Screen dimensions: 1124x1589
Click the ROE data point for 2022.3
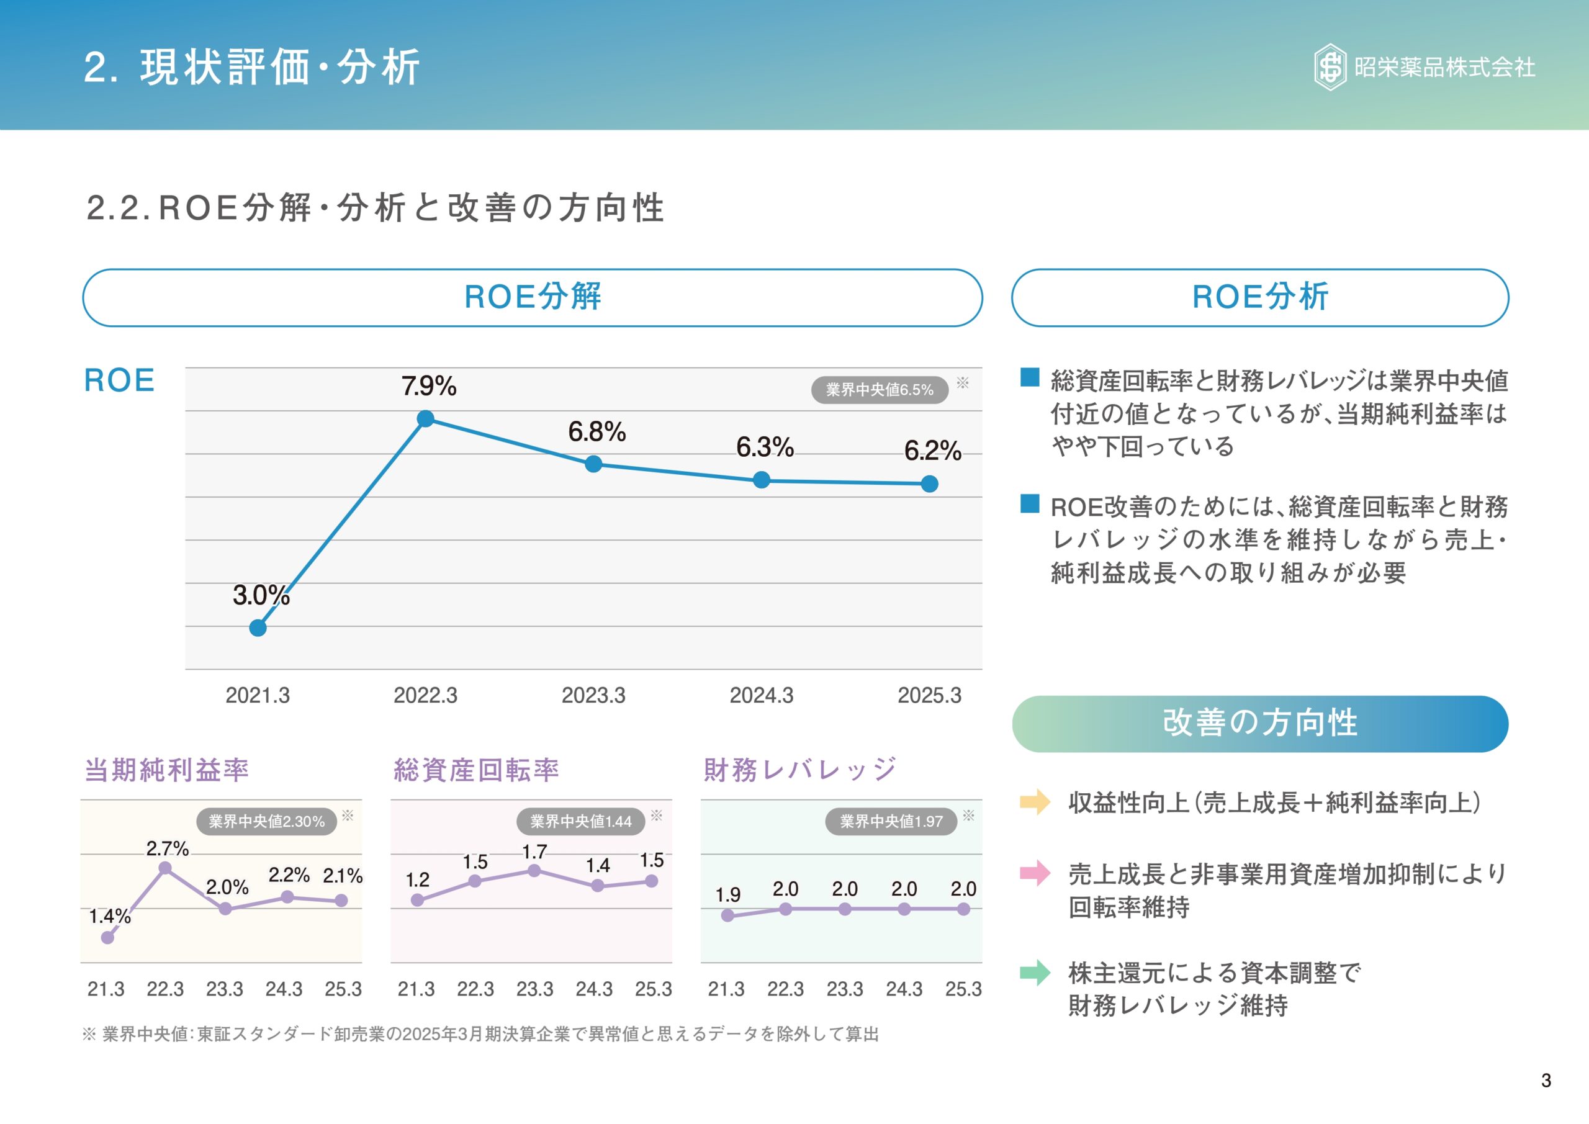point(426,419)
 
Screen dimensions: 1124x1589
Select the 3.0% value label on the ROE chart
point(261,595)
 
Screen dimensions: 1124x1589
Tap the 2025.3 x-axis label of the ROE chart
point(929,695)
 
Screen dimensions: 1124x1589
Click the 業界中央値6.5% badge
point(879,390)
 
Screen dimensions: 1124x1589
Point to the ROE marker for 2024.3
point(761,480)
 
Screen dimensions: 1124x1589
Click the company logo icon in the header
point(1330,67)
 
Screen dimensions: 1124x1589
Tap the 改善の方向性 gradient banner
point(1259,723)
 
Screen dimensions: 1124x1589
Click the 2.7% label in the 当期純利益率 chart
point(167,848)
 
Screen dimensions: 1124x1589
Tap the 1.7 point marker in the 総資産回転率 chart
point(534,871)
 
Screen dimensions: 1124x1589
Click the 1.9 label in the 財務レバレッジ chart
point(727,895)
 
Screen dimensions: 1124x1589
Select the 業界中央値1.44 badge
point(580,822)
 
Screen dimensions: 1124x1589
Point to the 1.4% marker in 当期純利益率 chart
point(107,937)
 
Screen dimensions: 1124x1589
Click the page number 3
point(1546,1081)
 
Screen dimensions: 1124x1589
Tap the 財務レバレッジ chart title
point(799,770)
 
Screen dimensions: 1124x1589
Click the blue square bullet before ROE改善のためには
point(1030,504)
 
